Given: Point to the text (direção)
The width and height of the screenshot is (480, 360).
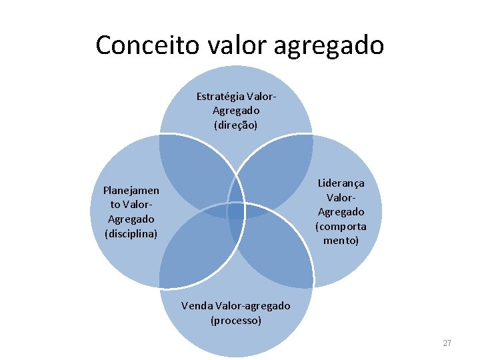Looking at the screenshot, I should click(236, 125).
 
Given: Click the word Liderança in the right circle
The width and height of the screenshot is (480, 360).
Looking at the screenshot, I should click(341, 183).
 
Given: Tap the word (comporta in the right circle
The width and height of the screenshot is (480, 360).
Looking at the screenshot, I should click(341, 226).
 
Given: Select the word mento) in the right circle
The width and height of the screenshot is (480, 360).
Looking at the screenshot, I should click(341, 240).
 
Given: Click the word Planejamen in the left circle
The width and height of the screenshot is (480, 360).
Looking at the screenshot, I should click(131, 190).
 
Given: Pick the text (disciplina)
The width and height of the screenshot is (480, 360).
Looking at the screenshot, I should click(131, 233).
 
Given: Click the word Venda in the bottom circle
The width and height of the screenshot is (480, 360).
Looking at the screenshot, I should click(197, 306).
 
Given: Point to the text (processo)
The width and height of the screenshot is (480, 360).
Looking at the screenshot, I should click(236, 321).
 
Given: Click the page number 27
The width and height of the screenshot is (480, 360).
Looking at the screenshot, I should click(447, 343).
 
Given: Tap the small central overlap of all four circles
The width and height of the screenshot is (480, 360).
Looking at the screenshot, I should click(236, 211).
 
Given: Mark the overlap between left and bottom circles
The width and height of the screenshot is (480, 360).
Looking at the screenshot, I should click(197, 250).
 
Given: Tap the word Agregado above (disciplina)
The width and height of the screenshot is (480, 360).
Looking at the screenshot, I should click(131, 219).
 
